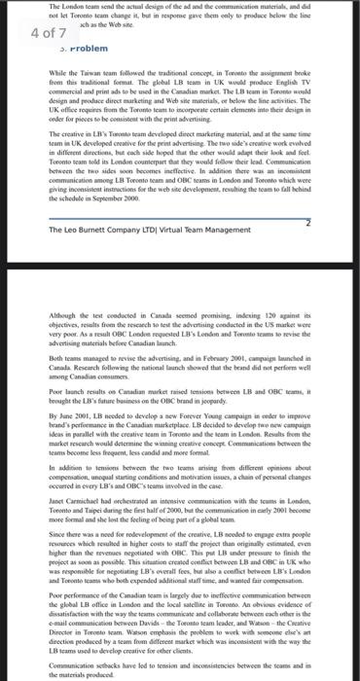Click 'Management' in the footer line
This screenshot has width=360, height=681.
coord(234,230)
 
